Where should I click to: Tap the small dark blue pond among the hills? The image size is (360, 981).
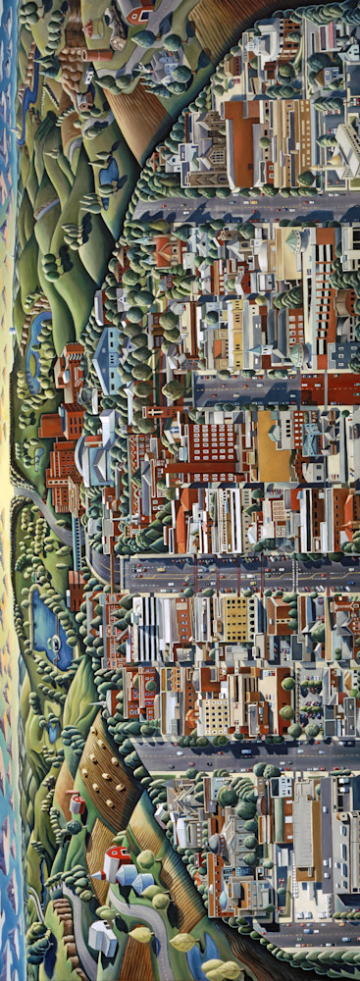point(108,173)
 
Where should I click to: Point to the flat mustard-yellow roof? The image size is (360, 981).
point(267,446)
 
